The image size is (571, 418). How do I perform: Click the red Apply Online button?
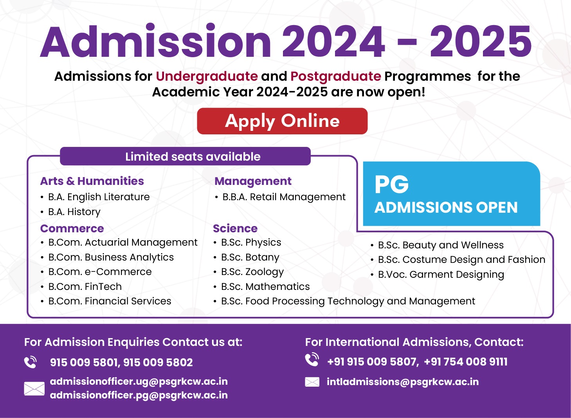[282, 121]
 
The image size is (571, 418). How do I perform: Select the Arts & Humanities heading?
[92, 181]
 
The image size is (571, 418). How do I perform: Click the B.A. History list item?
[74, 212]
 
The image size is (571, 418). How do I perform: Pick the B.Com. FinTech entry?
[85, 287]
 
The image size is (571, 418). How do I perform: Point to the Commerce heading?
[72, 228]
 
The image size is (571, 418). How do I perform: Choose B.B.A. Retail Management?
[284, 197]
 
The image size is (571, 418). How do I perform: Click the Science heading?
[235, 228]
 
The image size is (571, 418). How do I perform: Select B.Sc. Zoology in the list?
[252, 272]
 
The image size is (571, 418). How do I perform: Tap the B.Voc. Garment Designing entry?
[441, 275]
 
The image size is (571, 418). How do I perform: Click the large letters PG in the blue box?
[391, 185]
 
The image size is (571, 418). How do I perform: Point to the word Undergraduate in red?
[207, 76]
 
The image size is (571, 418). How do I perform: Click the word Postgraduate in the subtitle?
[335, 76]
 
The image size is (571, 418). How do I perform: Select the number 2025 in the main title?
[481, 42]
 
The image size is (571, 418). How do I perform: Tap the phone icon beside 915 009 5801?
[31, 362]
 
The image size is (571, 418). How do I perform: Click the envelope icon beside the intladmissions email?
[312, 382]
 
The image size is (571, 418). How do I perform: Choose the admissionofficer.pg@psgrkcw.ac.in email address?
[139, 395]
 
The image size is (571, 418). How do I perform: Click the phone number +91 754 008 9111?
[466, 362]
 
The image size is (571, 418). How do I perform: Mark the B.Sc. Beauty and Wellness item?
[441, 245]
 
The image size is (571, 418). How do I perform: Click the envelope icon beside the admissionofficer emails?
[34, 389]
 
